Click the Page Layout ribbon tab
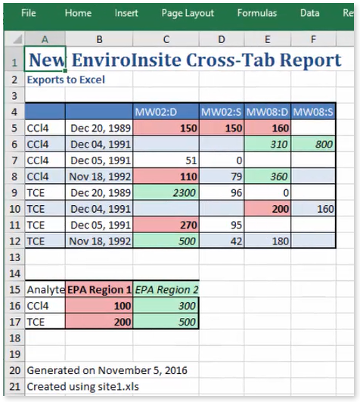(x=188, y=13)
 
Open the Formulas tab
(x=256, y=13)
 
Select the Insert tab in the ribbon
(x=126, y=13)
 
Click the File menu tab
(x=29, y=13)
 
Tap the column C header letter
(x=166, y=39)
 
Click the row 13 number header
(x=13, y=257)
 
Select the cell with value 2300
(x=166, y=192)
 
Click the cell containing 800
(x=314, y=144)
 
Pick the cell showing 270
(x=166, y=225)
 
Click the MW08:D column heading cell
(x=268, y=112)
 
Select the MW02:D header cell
(x=166, y=112)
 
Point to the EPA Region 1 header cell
(x=100, y=289)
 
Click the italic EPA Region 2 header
(x=166, y=289)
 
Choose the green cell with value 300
(x=166, y=305)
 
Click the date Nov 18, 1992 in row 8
(x=100, y=176)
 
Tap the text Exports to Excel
(x=66, y=79)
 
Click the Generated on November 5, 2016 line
(x=107, y=370)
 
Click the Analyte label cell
(x=45, y=289)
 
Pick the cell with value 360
(x=268, y=176)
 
